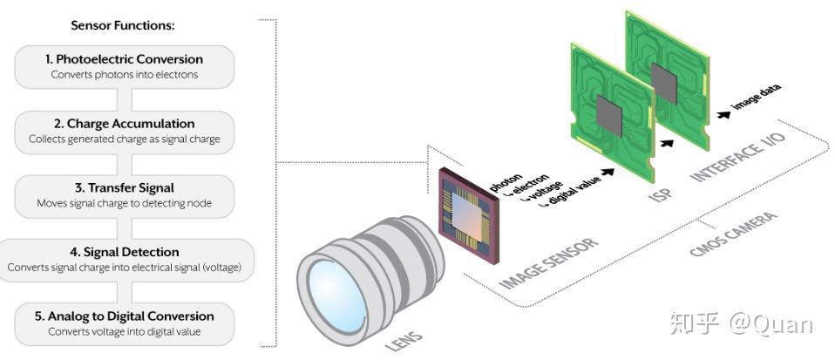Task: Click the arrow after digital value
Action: coord(607,172)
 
